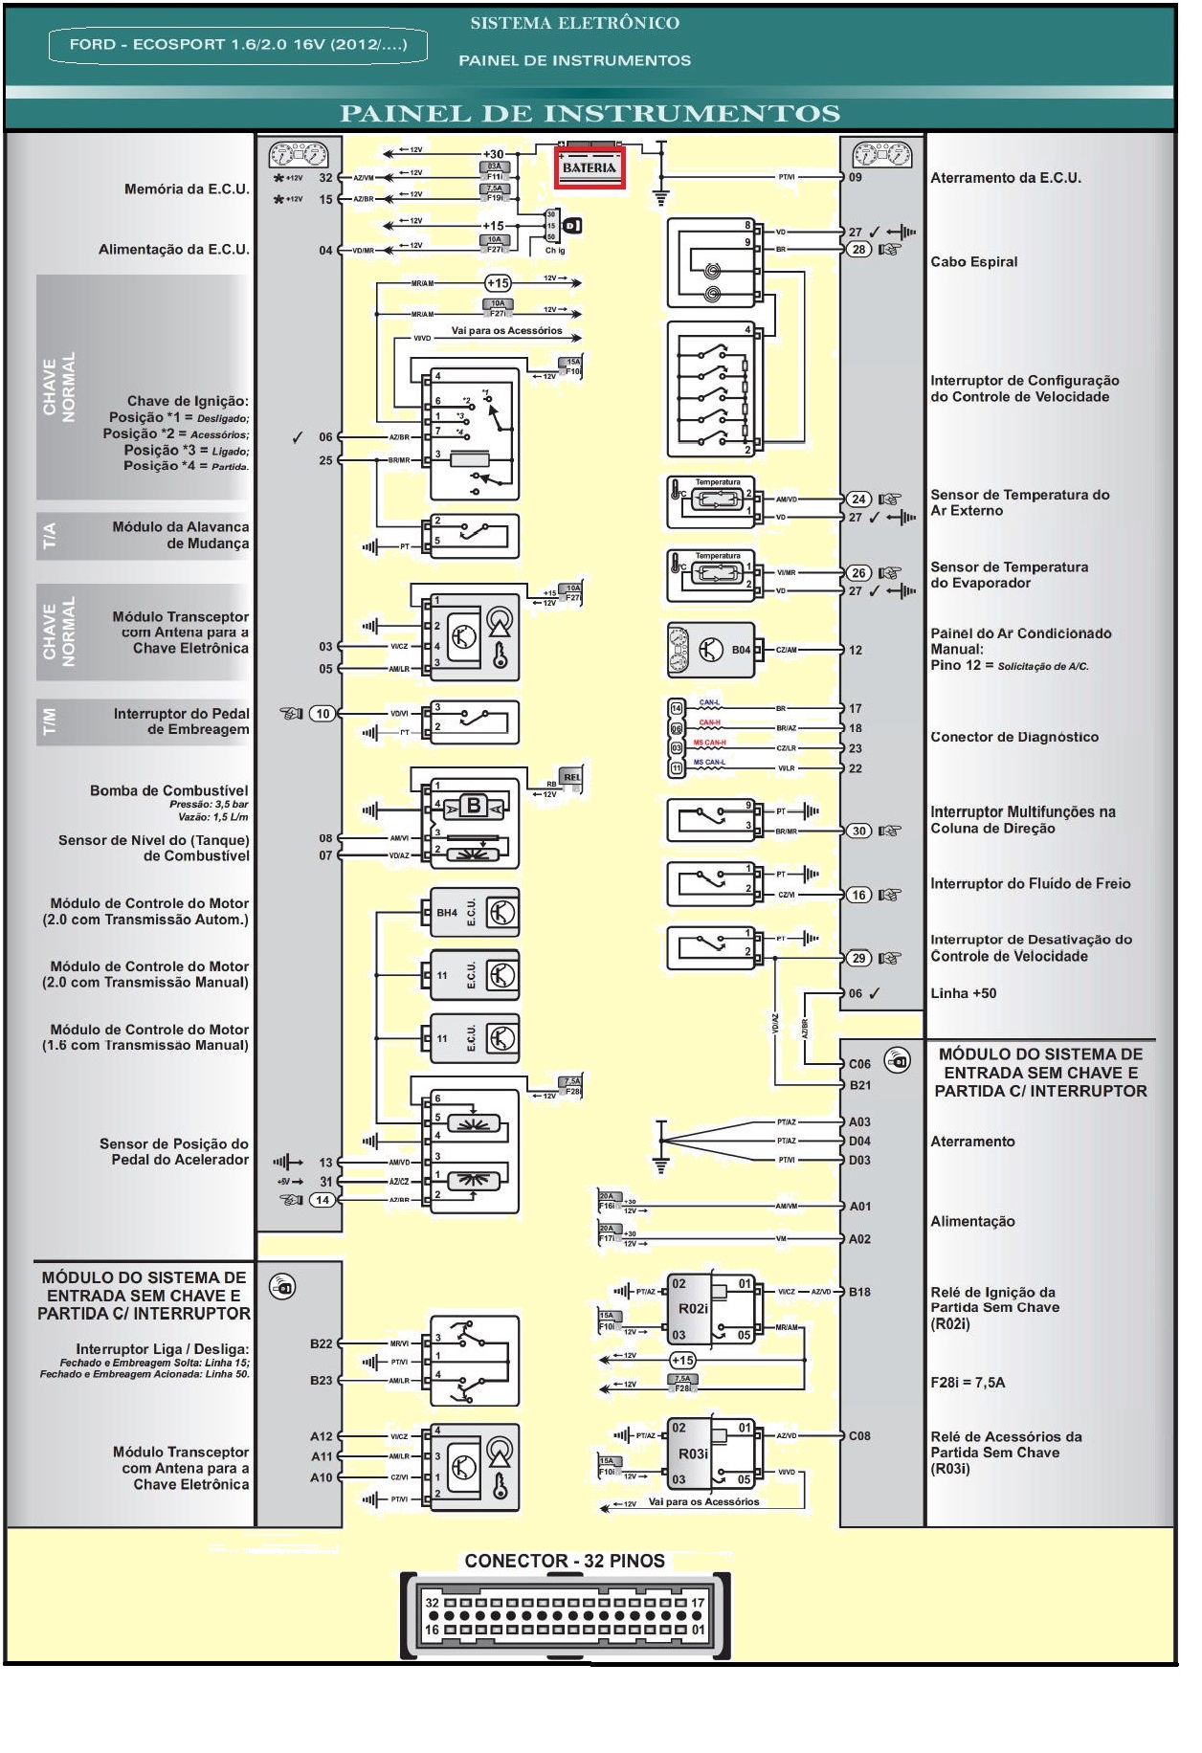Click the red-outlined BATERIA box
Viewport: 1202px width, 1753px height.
tap(590, 168)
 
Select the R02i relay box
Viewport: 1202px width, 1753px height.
tap(711, 1308)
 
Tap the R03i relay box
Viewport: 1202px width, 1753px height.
tap(711, 1453)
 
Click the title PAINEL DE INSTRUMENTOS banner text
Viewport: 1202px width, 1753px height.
tap(590, 114)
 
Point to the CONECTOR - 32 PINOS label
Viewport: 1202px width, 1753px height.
tap(565, 1561)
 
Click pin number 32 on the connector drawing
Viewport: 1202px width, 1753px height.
tap(432, 1603)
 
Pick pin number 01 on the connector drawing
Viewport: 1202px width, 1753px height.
tap(699, 1629)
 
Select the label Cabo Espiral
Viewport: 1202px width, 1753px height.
tap(973, 262)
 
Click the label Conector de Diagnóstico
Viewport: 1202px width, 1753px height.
tap(1013, 737)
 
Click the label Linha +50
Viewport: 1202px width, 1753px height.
tap(963, 993)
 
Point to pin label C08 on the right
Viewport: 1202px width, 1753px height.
tap(859, 1435)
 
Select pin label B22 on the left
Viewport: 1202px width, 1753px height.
tap(322, 1343)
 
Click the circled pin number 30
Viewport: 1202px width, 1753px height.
tap(858, 831)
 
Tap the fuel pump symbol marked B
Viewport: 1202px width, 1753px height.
tap(474, 806)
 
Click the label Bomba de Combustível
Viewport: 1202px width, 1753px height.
tap(168, 790)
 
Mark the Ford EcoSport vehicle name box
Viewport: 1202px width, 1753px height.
tap(237, 45)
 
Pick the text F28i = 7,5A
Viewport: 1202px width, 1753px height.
tap(968, 1382)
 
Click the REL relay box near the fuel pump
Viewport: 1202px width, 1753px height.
tap(571, 777)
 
